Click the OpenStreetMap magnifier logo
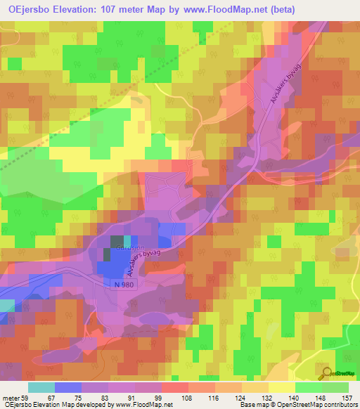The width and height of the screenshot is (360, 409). tap(325, 373)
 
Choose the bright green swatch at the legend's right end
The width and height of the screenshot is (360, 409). tap(336, 388)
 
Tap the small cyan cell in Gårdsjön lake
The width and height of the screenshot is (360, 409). tap(126, 241)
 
